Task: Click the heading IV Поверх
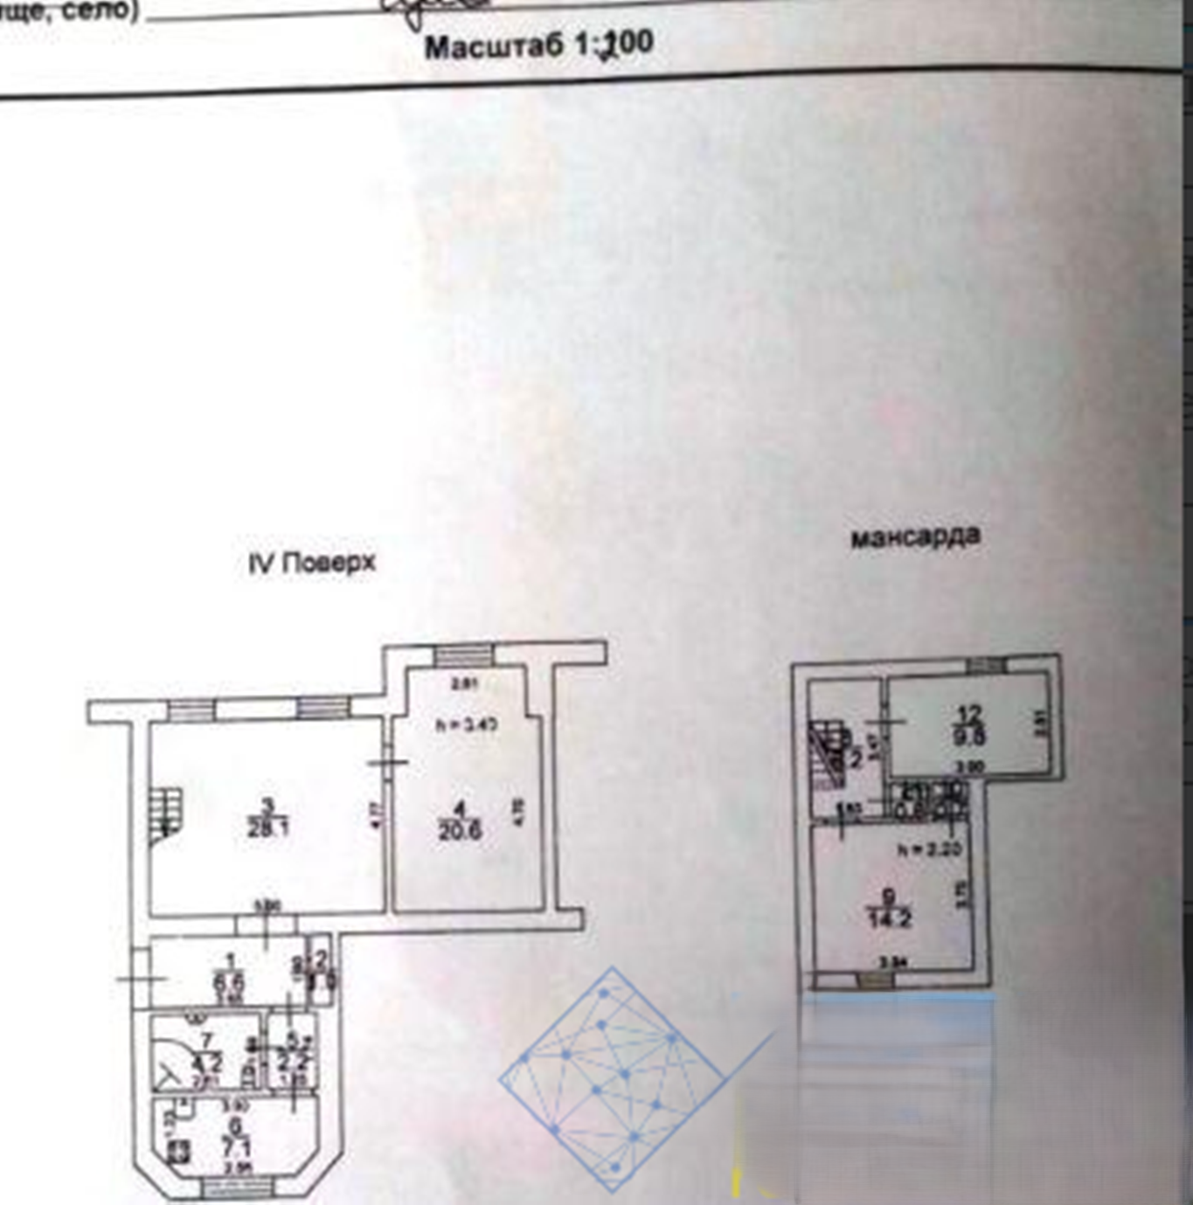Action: (312, 563)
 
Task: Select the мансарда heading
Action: (915, 537)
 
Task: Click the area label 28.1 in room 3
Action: (267, 828)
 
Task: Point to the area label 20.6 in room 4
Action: (460, 830)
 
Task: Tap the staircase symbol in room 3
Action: (165, 814)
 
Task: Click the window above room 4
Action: (464, 654)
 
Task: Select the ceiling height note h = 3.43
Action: (467, 724)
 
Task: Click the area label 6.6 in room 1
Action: (229, 982)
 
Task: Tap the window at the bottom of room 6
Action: (237, 1187)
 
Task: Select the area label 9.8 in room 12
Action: (969, 737)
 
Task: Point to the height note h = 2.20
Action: (929, 848)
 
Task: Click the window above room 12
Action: (986, 666)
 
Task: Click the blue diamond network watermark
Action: (611, 1080)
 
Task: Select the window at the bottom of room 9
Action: (874, 980)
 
